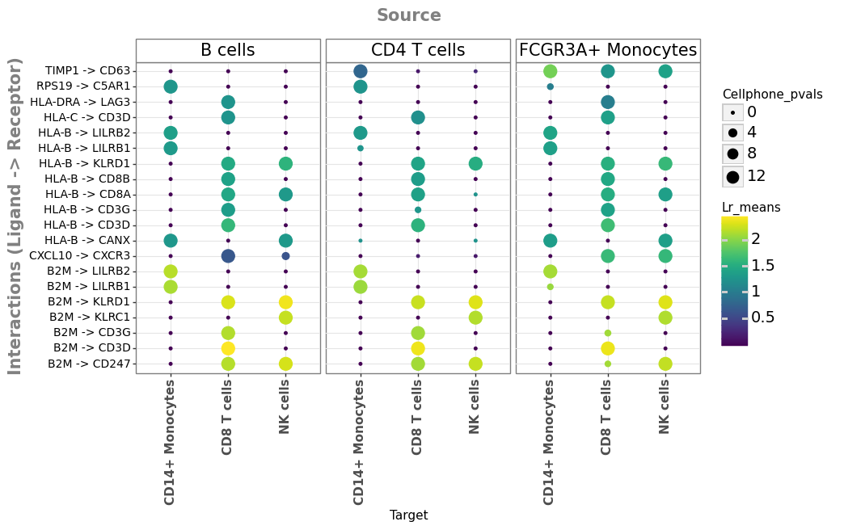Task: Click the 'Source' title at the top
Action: (x=408, y=15)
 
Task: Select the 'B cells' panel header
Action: (x=228, y=50)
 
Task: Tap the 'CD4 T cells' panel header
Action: (x=418, y=50)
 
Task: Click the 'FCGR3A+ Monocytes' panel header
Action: (x=608, y=50)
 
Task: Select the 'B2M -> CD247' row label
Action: (x=89, y=364)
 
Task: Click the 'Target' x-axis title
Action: (x=408, y=515)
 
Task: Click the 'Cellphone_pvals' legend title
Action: (x=772, y=95)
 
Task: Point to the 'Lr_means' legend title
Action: (x=751, y=208)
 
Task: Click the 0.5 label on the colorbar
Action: (x=763, y=318)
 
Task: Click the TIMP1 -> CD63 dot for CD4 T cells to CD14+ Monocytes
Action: (x=361, y=71)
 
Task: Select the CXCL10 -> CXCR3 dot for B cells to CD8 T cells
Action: (x=228, y=256)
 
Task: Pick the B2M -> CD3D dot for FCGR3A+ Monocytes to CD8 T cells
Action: (x=608, y=348)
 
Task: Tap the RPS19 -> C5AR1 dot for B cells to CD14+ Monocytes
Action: (x=171, y=86)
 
